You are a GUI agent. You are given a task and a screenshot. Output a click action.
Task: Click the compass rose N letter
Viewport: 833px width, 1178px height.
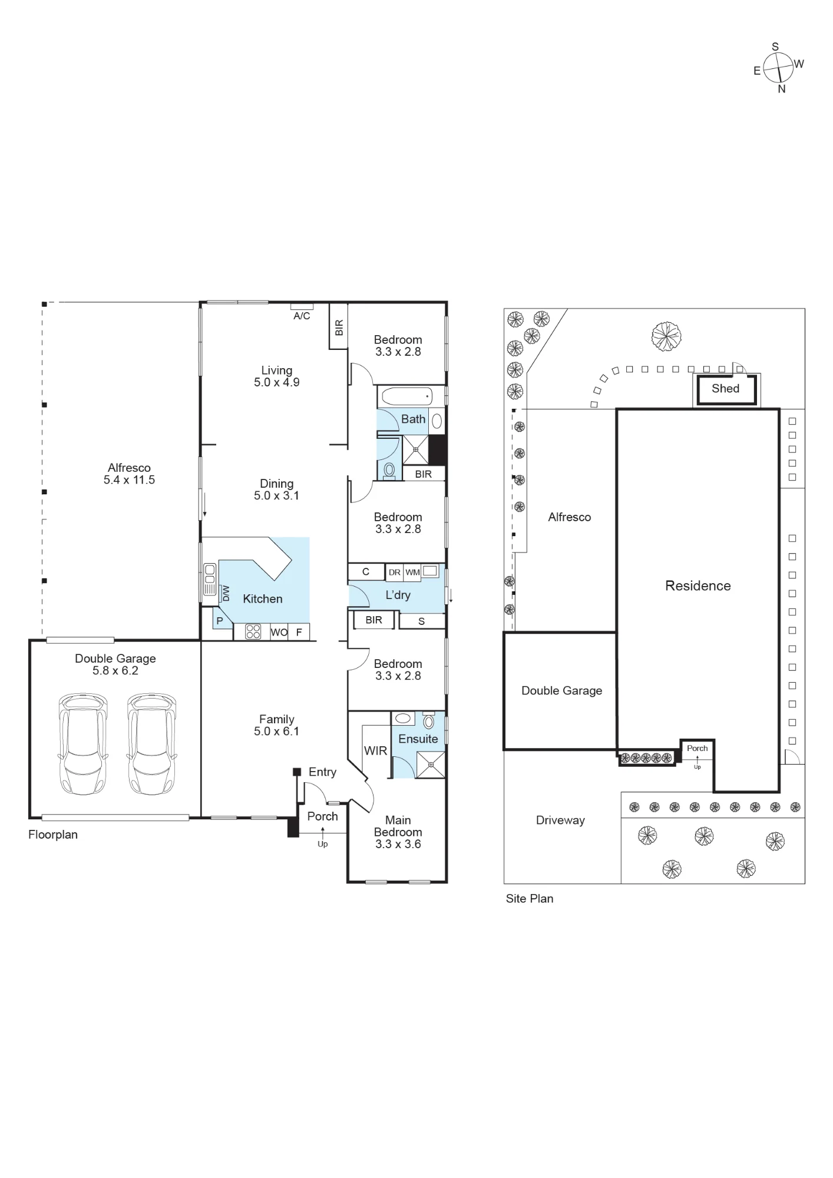pyautogui.click(x=782, y=89)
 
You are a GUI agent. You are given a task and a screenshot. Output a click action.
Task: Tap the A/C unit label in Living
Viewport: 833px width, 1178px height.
pyautogui.click(x=302, y=316)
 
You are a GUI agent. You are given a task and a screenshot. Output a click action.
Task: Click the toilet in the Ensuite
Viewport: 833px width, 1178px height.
pyautogui.click(x=428, y=722)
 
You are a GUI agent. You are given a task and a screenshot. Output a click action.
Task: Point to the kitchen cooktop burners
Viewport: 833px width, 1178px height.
pyautogui.click(x=253, y=631)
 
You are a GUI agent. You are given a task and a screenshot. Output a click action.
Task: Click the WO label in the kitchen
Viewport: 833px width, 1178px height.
pyautogui.click(x=279, y=633)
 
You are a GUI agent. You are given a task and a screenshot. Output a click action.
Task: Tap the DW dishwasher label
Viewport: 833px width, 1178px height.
pyautogui.click(x=226, y=593)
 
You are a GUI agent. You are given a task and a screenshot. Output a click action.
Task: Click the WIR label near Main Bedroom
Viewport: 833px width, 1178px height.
pyautogui.click(x=375, y=751)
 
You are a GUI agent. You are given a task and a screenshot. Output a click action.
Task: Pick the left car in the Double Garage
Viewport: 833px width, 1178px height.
pyautogui.click(x=83, y=743)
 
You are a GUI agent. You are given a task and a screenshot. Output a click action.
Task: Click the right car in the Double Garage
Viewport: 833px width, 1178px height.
pyautogui.click(x=151, y=743)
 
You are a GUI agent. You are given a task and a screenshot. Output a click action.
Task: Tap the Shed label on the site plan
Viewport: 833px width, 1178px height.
pyautogui.click(x=725, y=389)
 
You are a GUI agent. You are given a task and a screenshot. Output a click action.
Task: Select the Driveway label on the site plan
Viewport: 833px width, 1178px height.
pyautogui.click(x=560, y=820)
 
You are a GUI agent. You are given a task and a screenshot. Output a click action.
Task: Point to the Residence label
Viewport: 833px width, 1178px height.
pyautogui.click(x=698, y=586)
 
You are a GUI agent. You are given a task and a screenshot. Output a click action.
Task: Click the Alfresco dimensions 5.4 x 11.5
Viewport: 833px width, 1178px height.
pyautogui.click(x=129, y=480)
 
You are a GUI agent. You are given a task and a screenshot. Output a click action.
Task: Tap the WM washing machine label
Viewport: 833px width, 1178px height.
pyautogui.click(x=412, y=573)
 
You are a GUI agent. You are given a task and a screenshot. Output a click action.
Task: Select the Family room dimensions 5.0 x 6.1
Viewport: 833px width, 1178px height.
pyautogui.click(x=276, y=732)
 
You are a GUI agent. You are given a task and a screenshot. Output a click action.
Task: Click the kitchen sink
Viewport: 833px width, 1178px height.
pyautogui.click(x=210, y=580)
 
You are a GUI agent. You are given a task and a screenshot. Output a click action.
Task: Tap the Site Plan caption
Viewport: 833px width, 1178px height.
pyautogui.click(x=530, y=899)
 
